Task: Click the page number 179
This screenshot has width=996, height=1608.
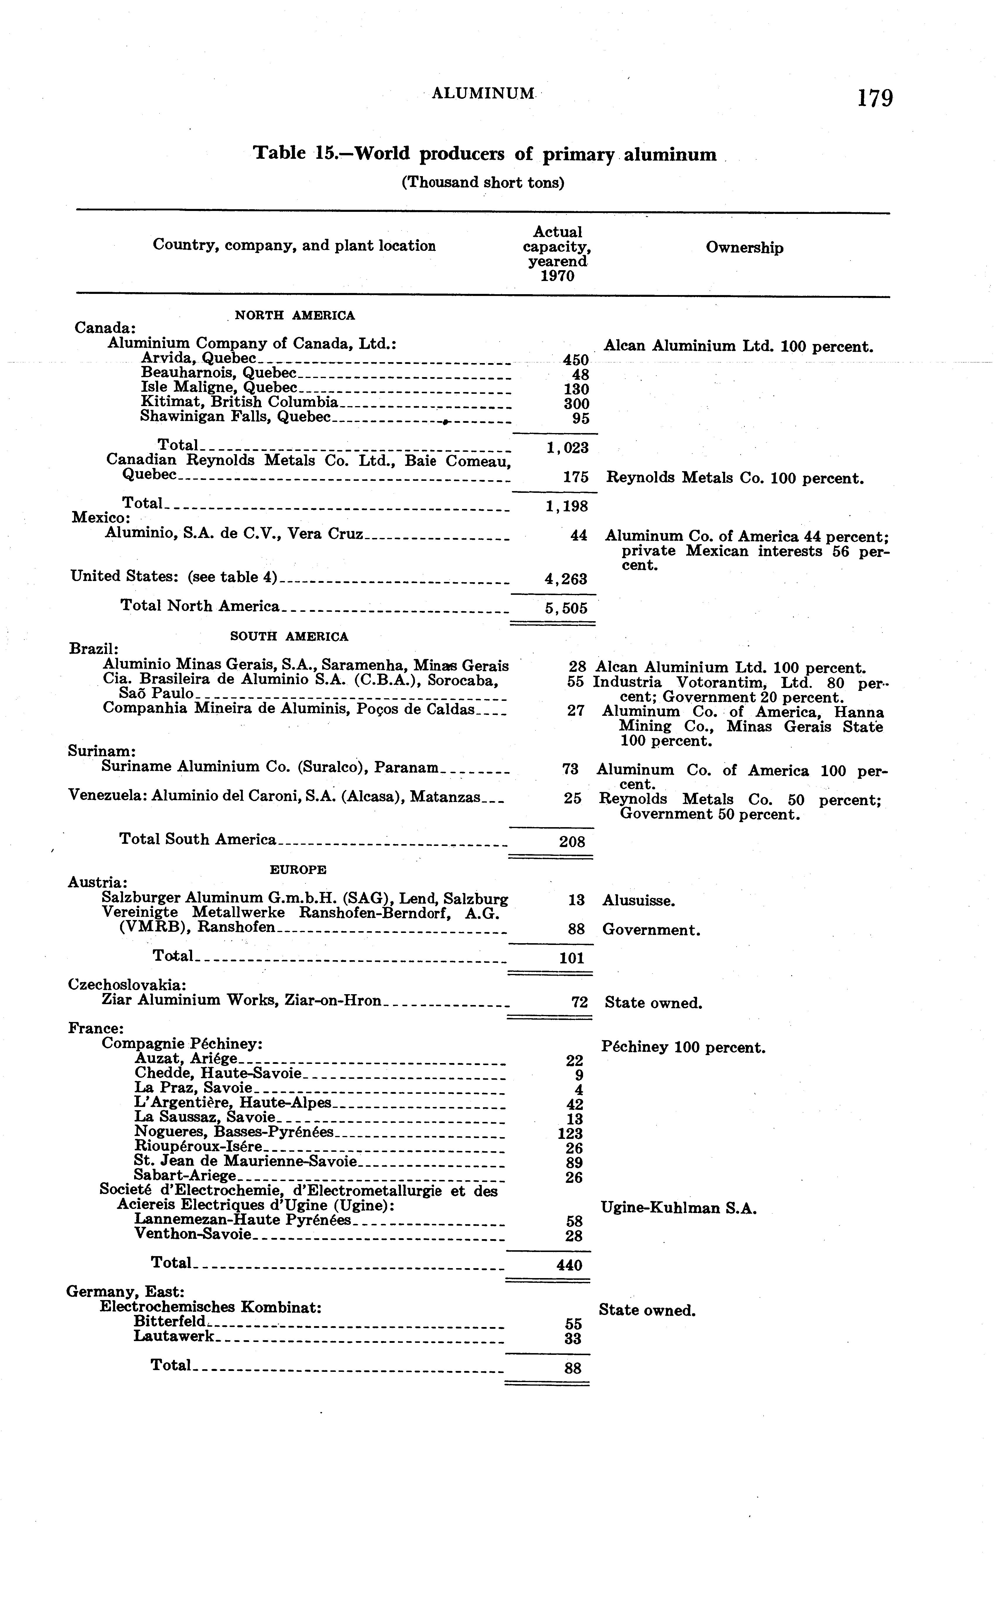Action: point(875,98)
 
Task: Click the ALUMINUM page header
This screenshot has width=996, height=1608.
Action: point(483,93)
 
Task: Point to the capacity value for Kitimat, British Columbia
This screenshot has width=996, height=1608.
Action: point(576,403)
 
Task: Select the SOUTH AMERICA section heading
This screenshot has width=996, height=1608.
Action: point(289,637)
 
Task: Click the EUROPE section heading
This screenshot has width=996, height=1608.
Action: point(298,869)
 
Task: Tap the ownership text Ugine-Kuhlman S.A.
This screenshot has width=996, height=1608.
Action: point(679,1208)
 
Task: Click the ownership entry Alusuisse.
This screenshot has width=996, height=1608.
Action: point(638,900)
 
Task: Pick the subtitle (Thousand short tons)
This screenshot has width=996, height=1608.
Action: point(483,183)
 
